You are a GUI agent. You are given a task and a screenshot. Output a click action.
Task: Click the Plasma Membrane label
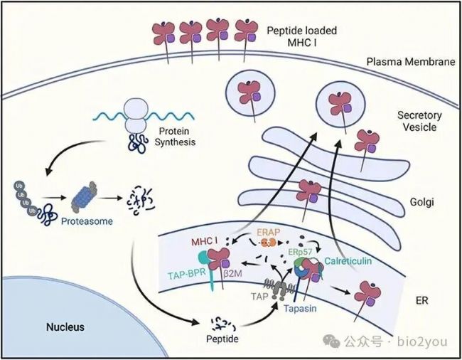pos(410,62)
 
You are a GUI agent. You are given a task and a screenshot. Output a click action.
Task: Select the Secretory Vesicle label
pos(419,121)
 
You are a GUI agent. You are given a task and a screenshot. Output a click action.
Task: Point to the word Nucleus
pos(65,327)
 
